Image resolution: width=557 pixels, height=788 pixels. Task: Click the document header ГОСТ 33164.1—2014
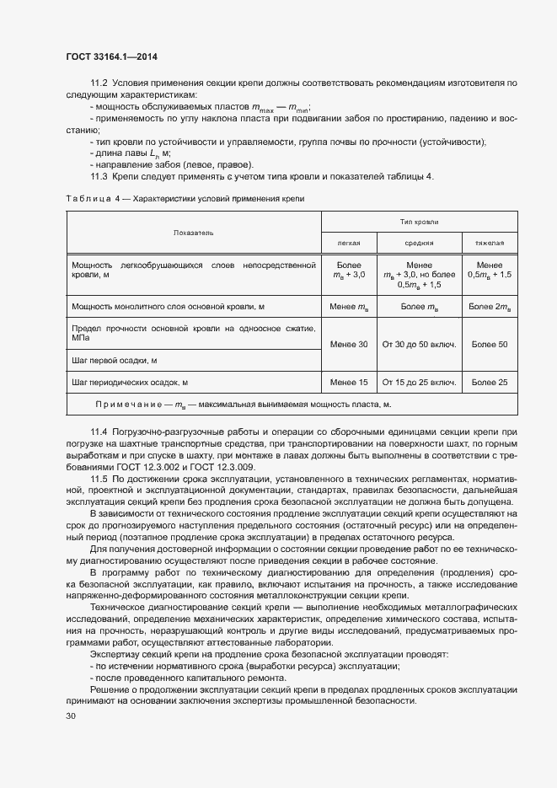tap(111, 56)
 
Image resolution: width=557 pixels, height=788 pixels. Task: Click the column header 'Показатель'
tap(194, 232)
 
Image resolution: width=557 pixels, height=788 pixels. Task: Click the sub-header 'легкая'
tap(349, 243)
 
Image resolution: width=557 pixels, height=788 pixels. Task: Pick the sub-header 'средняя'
tap(419, 243)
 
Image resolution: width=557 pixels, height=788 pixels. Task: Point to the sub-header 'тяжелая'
tap(490, 243)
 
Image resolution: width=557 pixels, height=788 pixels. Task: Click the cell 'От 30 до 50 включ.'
tap(419, 344)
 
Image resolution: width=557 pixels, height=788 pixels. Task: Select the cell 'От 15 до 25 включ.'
tap(419, 383)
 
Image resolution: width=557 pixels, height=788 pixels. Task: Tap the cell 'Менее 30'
tap(349, 344)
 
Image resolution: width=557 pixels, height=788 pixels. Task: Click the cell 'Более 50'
tap(490, 344)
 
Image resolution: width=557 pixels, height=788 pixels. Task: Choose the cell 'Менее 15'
tap(349, 383)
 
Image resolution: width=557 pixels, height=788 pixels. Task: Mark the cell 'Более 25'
tap(490, 383)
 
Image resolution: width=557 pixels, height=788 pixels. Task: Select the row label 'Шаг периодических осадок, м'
tap(130, 383)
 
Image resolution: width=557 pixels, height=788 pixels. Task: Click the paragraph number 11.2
tap(99, 83)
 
